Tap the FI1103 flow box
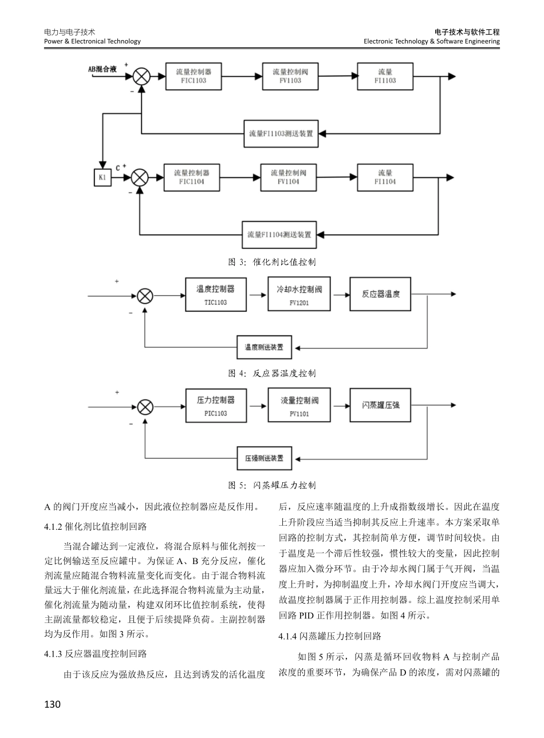click(385, 76)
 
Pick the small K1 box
click(102, 177)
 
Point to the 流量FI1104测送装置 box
click(279, 235)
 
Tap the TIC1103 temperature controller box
click(215, 295)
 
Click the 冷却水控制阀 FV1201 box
click(299, 295)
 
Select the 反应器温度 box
click(381, 295)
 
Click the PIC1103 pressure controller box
click(215, 406)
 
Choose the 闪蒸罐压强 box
click(381, 406)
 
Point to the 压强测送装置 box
click(264, 459)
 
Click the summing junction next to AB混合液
click(141, 76)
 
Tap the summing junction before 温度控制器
click(145, 296)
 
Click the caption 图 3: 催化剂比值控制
click(272, 262)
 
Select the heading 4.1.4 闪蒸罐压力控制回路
click(329, 636)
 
